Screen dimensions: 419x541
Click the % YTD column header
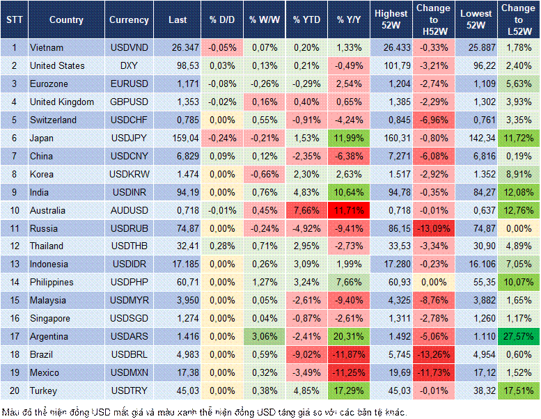pos(306,20)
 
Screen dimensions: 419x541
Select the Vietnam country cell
pos(47,47)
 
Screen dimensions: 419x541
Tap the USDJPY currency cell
pos(129,138)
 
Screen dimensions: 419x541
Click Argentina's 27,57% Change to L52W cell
pos(519,336)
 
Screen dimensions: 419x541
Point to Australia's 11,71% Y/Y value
pos(350,210)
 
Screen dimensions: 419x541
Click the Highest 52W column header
pos(391,20)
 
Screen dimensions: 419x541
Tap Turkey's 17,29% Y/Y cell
pos(350,390)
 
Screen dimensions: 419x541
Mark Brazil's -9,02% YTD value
pos(306,354)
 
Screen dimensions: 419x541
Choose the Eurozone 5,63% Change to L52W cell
pos(519,84)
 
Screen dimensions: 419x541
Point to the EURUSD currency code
pos(129,84)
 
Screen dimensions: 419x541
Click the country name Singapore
pos(51,318)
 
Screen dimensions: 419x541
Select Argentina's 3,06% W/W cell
pos(263,336)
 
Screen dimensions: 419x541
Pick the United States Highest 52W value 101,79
pos(391,65)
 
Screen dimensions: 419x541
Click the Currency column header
pos(129,20)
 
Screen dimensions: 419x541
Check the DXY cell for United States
pos(129,65)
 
